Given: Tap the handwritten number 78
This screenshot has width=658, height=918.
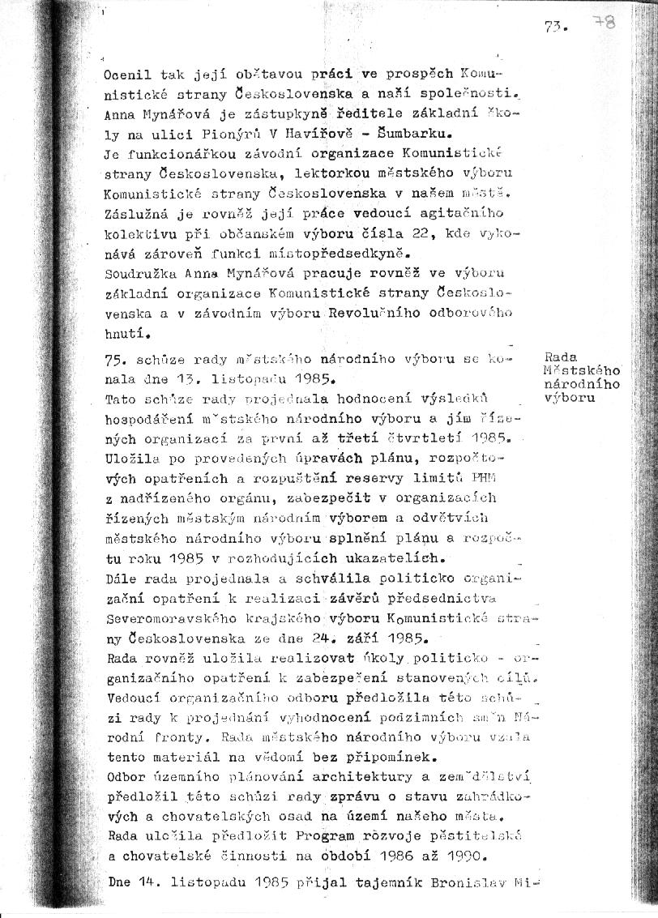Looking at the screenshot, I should point(604,22).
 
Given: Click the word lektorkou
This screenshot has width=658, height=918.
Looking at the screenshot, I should point(286,173).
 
